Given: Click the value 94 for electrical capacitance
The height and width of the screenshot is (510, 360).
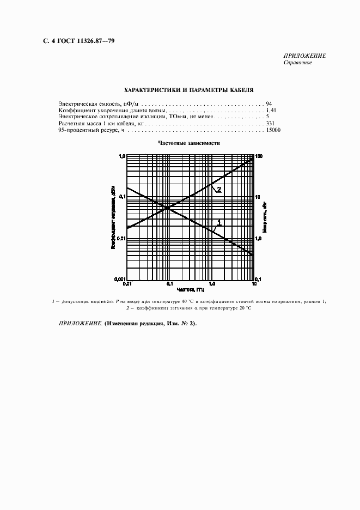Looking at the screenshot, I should click(x=269, y=102).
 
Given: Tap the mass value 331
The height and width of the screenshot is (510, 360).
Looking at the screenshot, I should click(x=271, y=124).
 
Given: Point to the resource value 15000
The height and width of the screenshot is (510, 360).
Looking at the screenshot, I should click(x=273, y=131).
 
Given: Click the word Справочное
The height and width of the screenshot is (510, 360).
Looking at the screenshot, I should click(x=297, y=63).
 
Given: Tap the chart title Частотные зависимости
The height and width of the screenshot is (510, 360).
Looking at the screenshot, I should click(x=188, y=143).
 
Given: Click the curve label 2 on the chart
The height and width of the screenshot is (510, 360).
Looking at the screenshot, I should click(x=218, y=189).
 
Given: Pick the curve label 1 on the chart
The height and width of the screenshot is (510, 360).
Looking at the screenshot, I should click(x=219, y=221).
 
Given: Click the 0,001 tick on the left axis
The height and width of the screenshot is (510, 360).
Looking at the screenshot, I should click(x=119, y=280).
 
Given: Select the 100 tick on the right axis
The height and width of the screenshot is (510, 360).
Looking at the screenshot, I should click(x=259, y=156).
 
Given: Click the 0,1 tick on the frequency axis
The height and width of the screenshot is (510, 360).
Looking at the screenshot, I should click(x=169, y=284).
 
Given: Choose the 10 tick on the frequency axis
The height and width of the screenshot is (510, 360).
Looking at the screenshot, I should click(x=254, y=284).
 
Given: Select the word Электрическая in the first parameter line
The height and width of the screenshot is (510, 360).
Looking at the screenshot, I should click(x=77, y=102).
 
